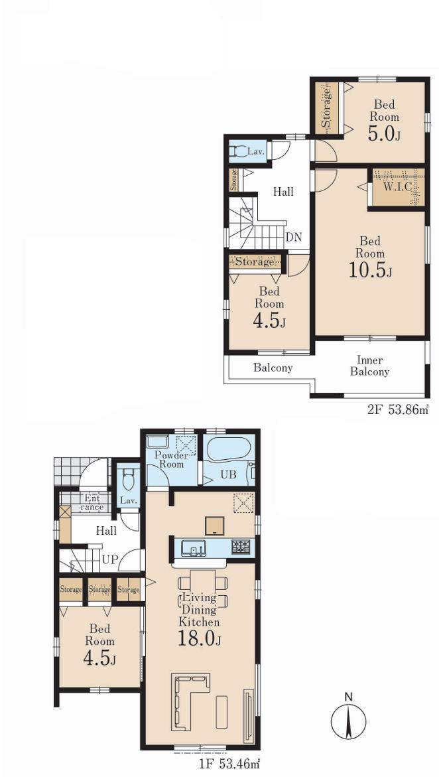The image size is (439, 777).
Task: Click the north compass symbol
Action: [348, 717]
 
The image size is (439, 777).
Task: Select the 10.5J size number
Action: [371, 271]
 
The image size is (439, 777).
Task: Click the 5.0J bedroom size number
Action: [383, 134]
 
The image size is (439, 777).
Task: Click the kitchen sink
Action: [193, 548]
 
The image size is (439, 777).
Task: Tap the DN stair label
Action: [294, 237]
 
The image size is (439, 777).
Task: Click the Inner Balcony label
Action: [369, 366]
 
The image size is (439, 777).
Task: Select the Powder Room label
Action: [170, 460]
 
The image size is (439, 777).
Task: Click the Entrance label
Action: [92, 503]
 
